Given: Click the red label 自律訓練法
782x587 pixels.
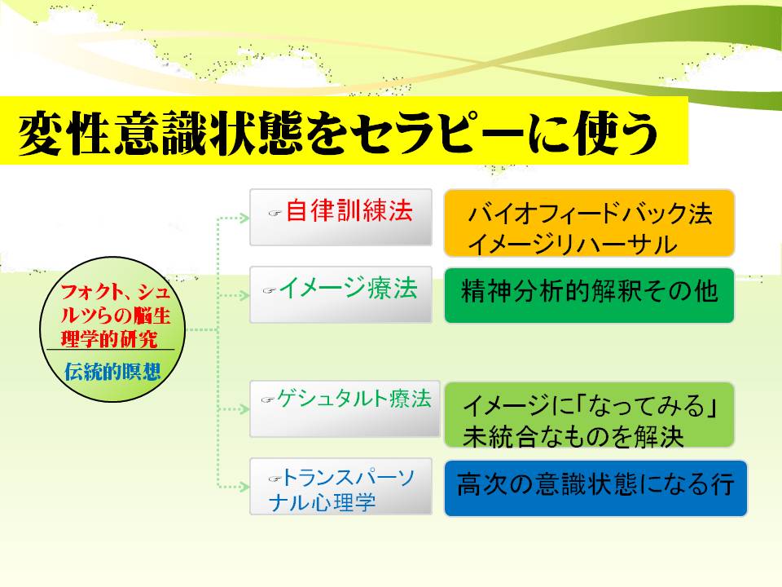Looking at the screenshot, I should pyautogui.click(x=349, y=211).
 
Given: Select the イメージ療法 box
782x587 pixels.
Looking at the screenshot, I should pyautogui.click(x=340, y=293).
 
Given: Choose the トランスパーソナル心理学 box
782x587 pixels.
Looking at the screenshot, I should pyautogui.click(x=340, y=488).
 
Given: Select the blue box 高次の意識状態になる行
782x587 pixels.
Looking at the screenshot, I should pyautogui.click(x=595, y=488).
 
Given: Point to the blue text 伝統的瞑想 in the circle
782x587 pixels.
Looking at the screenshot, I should pyautogui.click(x=112, y=373).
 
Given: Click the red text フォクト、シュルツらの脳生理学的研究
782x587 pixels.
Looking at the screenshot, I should pyautogui.click(x=113, y=314).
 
